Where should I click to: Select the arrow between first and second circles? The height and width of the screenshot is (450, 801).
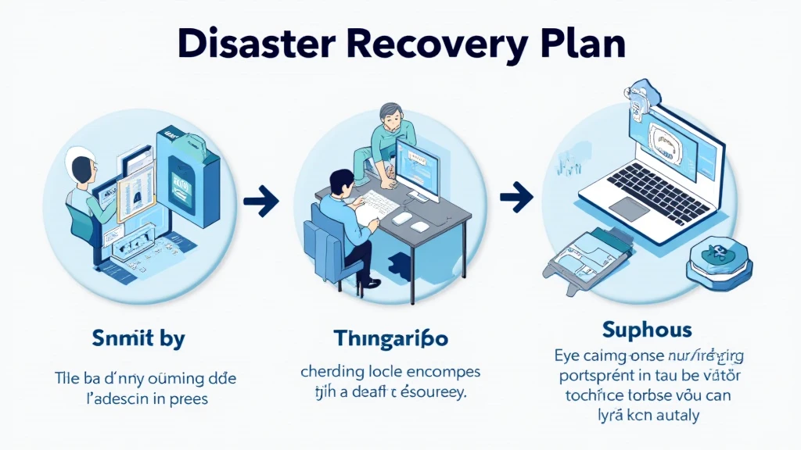(260, 202)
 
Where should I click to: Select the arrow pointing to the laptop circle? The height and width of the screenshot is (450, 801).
(515, 196)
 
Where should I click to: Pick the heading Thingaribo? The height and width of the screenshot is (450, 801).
(390, 339)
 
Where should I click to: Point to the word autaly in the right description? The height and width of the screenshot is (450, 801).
(673, 415)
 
